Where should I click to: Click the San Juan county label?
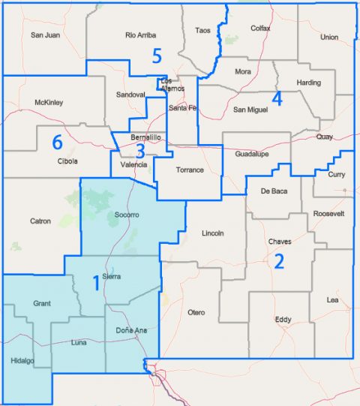coord(45,35)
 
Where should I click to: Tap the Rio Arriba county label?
coord(140,35)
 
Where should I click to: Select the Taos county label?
coord(203,31)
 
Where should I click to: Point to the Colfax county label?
coord(259,29)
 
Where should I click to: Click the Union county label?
coord(328,37)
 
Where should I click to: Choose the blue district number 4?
coord(276,98)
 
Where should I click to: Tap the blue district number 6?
coord(56,141)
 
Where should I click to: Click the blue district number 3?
coord(141,149)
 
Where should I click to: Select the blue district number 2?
coord(279,262)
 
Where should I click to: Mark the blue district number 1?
coord(95,283)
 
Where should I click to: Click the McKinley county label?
coord(49,102)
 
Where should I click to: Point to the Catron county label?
coord(40,221)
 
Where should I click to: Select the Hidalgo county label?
coord(22,361)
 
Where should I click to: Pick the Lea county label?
coord(332,300)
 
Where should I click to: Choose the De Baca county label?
coord(274,191)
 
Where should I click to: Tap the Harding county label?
coord(308,83)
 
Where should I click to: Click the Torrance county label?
coord(190,170)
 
